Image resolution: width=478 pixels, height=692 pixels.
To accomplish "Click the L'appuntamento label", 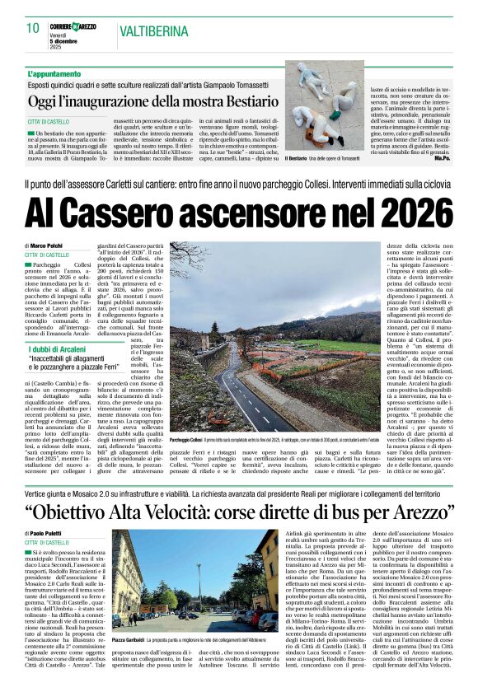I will (54, 74).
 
